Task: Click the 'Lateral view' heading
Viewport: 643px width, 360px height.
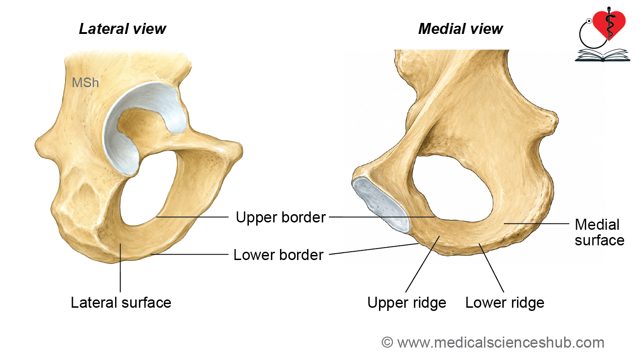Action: click(122, 29)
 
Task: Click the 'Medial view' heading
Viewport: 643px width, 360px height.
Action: click(461, 29)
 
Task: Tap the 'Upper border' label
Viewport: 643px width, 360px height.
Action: click(280, 217)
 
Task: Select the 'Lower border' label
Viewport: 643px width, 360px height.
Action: click(279, 255)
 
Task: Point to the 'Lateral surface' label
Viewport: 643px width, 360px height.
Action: click(121, 303)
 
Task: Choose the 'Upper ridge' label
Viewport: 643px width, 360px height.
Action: click(407, 303)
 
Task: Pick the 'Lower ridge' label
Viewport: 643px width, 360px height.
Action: click(505, 303)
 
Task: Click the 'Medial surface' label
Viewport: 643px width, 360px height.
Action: click(599, 233)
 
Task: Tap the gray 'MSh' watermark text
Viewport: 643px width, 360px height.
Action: click(85, 83)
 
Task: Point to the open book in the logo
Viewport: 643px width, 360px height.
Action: click(602, 55)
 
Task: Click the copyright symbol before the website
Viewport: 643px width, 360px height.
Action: click(387, 343)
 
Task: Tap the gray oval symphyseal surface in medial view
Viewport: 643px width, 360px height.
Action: click(381, 204)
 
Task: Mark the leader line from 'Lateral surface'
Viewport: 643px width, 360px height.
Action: click(120, 268)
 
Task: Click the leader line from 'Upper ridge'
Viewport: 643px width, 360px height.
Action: click(423, 264)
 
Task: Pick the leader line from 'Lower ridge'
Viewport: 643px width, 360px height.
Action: click(491, 268)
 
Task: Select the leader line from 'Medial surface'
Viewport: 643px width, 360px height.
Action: click(537, 223)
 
